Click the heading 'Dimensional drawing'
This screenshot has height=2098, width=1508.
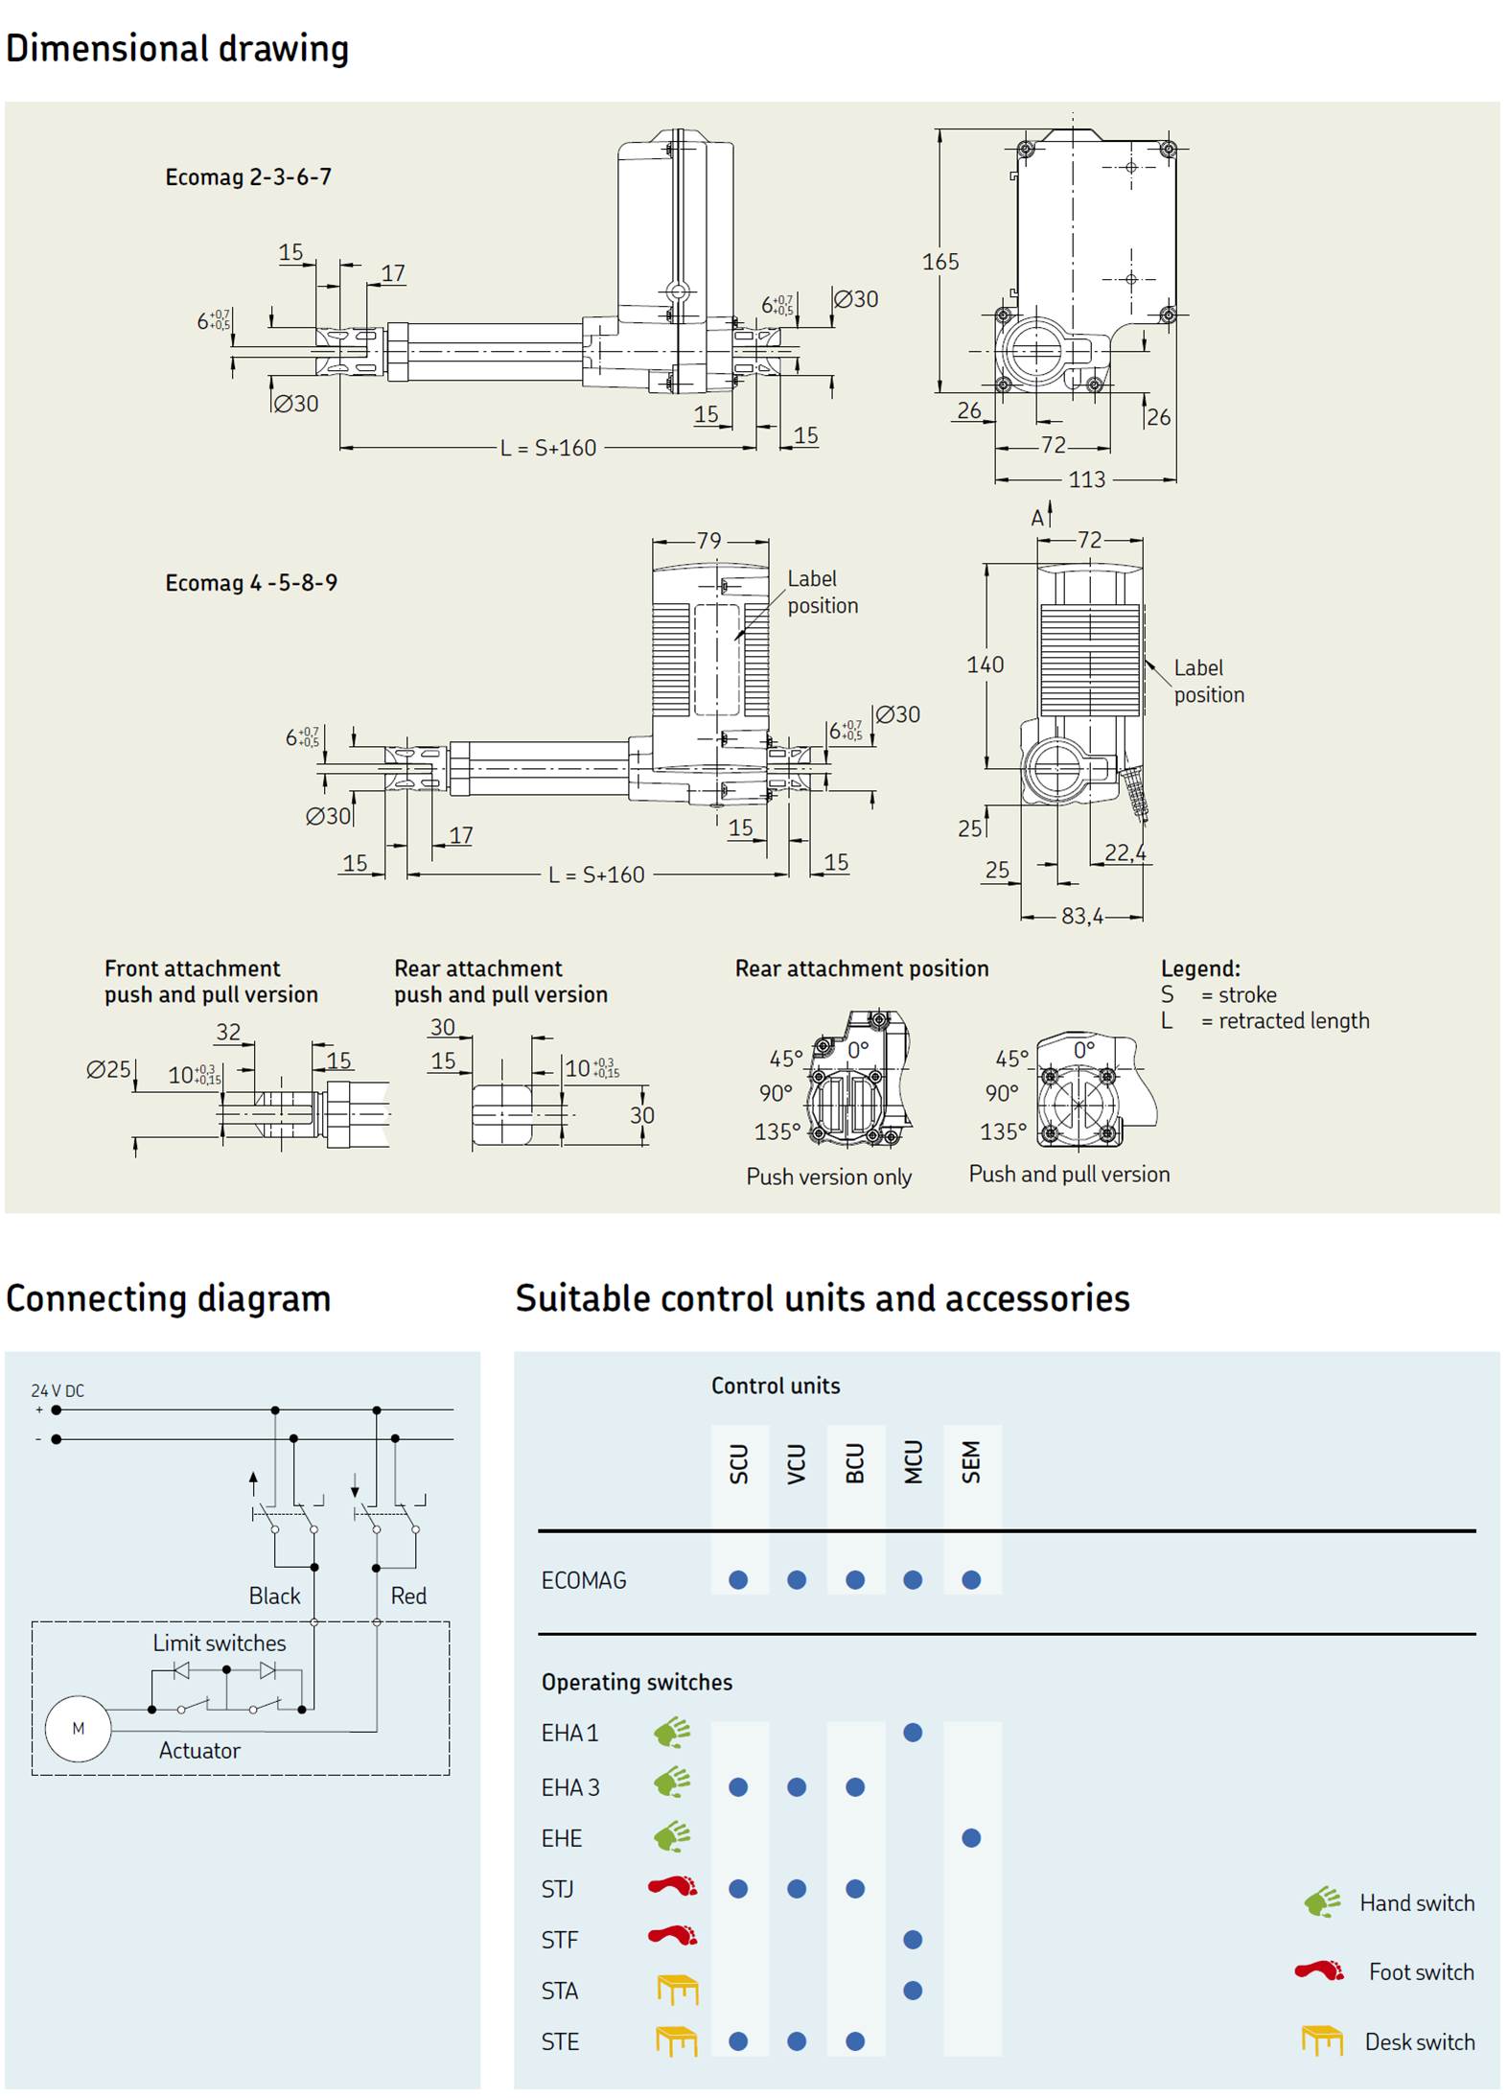(177, 48)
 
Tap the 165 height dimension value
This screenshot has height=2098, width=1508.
(940, 262)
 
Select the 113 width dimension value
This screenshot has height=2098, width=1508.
(1086, 479)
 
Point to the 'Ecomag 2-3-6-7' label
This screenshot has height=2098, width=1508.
(248, 177)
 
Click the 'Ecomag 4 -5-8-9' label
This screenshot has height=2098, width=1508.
(251, 583)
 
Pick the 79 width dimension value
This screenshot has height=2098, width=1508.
(708, 541)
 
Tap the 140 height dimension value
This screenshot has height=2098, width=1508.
(985, 664)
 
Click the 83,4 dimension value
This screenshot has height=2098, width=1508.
(1081, 917)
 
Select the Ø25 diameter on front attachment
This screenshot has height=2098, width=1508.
(108, 1069)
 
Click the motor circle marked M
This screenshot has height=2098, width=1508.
(79, 1729)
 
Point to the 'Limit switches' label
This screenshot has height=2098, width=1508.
(219, 1643)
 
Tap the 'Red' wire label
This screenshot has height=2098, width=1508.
(408, 1596)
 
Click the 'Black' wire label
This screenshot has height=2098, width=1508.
(274, 1596)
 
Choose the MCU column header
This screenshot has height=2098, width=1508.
(913, 1462)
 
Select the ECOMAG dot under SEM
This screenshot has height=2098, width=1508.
(971, 1579)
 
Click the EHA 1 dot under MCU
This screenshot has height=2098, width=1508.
(913, 1733)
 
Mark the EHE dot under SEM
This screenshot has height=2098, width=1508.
(971, 1838)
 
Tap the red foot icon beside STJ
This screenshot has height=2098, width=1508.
(673, 1887)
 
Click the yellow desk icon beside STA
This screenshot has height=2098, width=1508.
(677, 1990)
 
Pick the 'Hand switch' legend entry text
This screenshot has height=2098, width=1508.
(1416, 1902)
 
